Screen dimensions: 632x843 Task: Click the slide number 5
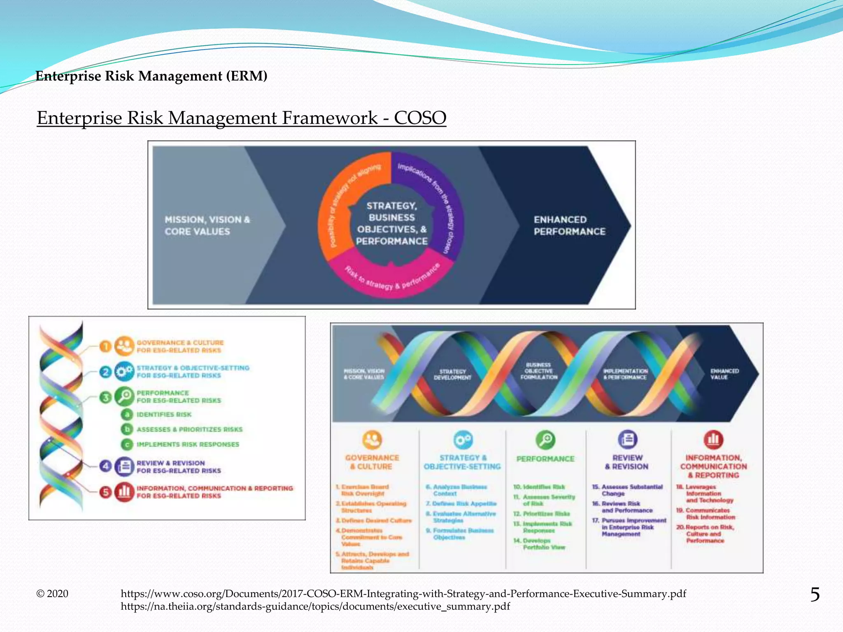[815, 595]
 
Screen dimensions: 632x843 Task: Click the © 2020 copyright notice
[52, 594]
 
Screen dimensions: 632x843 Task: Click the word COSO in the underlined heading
[420, 118]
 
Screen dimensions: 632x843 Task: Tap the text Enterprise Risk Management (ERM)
[151, 76]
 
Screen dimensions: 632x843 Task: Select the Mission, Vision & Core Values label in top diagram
[207, 225]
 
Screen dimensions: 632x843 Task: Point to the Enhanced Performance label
[569, 225]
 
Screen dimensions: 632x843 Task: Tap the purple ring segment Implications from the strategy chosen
[440, 197]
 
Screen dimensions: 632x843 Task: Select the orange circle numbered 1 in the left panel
[106, 346]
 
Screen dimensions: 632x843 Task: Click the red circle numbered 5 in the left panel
[106, 492]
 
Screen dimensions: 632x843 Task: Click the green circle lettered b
[127, 429]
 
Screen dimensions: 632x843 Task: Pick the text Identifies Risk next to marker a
[164, 414]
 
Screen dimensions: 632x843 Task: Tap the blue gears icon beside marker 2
[124, 372]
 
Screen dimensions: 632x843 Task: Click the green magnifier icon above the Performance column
[545, 440]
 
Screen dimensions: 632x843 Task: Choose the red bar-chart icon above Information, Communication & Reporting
[713, 439]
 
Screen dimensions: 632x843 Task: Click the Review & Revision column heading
[627, 462]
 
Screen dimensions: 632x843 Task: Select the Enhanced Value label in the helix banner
[724, 374]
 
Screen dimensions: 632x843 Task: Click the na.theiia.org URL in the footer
[315, 606]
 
